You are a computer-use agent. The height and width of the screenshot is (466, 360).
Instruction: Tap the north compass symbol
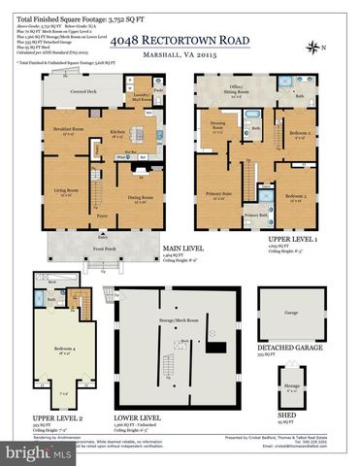[x=329, y=48]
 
